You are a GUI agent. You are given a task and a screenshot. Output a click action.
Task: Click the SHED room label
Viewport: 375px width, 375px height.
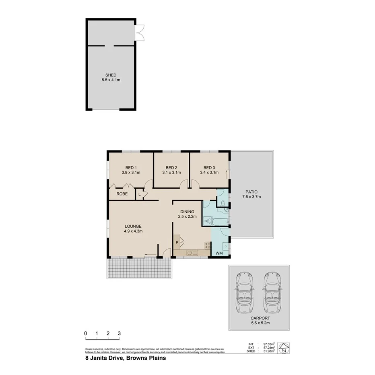point(111,75)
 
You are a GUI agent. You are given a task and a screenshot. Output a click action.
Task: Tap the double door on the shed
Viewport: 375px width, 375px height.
point(140,33)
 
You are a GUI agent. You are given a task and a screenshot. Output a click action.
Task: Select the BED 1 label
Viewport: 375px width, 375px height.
point(131,168)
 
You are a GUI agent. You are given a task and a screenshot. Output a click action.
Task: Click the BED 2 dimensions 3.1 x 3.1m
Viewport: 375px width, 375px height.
point(171,173)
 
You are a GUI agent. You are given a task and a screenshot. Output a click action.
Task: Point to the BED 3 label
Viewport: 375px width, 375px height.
point(209,168)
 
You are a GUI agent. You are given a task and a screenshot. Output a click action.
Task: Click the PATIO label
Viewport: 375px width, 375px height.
point(252,192)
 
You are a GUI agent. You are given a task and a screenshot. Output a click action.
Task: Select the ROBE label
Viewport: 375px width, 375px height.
point(122,194)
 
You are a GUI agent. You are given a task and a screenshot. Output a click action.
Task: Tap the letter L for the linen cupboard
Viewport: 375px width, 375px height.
point(140,194)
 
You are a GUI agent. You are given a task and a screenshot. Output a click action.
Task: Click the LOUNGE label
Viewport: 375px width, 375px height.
point(133,226)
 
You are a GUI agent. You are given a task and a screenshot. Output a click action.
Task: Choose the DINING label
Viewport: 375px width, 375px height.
point(187,212)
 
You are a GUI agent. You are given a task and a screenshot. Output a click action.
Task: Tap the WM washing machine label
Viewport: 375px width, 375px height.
point(219,253)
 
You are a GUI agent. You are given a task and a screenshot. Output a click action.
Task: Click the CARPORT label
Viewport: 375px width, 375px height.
point(259,317)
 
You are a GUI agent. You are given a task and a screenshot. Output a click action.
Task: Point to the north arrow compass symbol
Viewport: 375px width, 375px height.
point(284,348)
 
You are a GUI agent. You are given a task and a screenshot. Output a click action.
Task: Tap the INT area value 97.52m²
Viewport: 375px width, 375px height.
point(269,344)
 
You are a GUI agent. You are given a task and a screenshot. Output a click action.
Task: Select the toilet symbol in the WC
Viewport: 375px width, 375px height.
point(222,203)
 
